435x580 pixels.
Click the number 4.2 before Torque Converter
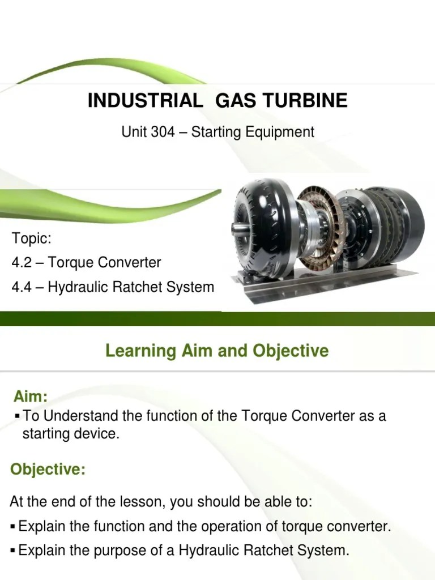[22, 263]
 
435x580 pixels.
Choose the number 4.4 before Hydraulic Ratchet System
[22, 287]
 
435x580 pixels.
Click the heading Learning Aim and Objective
[217, 351]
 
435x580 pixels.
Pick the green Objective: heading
[48, 470]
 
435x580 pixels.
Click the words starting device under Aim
[71, 434]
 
